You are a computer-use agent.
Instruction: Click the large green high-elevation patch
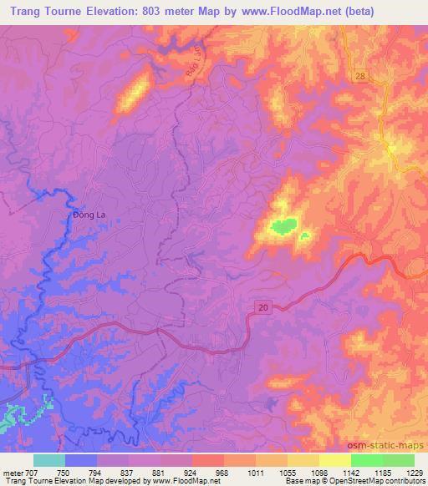click(283, 225)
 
